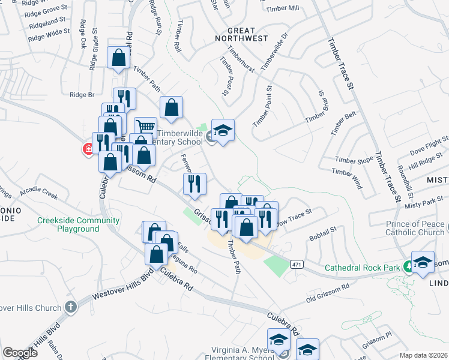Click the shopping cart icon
[145, 127]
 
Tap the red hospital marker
[88, 149]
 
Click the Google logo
[20, 353]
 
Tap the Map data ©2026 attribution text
[423, 355]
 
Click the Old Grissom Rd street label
[327, 291]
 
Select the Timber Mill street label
[285, 8]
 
